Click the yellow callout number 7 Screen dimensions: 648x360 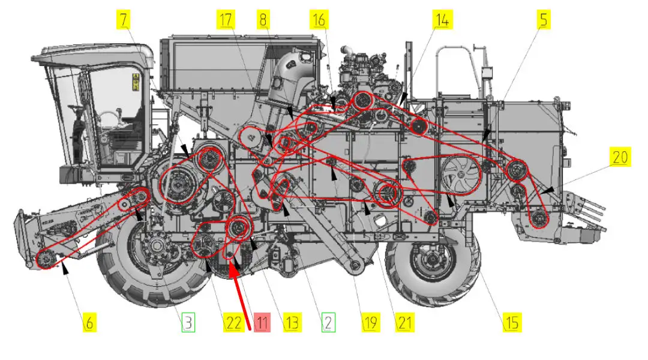coord(123,19)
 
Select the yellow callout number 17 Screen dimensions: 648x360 coord(226,19)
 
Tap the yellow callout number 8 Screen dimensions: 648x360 coord(263,19)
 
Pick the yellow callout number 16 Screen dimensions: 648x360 coord(319,19)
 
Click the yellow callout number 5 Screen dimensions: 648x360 coord(544,19)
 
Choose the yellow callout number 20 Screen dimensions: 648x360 coord(620,157)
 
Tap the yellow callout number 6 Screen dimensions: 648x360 coord(89,322)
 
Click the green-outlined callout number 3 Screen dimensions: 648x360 coord(188,322)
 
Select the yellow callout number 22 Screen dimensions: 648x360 coord(234,322)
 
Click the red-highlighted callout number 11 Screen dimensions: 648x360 coord(262,322)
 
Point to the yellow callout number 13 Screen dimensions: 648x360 coord(292,322)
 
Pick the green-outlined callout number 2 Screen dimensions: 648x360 coord(328,322)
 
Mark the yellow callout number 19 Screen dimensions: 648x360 coord(371,322)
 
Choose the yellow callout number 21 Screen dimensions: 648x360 coord(404,322)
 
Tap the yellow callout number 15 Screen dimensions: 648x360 coord(512,322)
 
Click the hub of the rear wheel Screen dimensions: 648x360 coord(433,260)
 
